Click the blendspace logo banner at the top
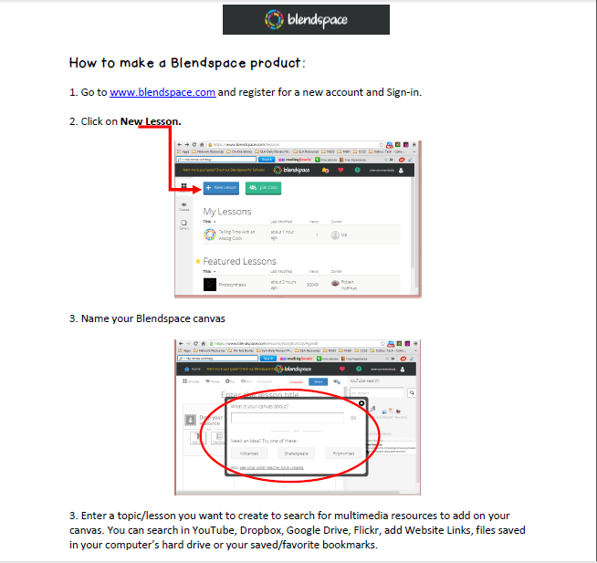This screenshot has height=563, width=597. (306, 19)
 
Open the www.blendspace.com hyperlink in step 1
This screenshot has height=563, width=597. (162, 92)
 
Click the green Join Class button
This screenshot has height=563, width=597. (263, 188)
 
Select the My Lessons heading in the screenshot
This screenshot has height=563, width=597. (227, 212)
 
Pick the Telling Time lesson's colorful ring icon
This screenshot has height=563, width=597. (209, 235)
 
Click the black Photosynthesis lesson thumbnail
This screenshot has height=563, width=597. (209, 285)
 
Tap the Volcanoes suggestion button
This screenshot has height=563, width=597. (248, 453)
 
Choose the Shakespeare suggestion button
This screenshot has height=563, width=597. (295, 453)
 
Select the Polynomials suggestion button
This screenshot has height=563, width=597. (344, 453)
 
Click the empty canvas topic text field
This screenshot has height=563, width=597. (287, 417)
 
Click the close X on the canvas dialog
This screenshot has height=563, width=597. (361, 402)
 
